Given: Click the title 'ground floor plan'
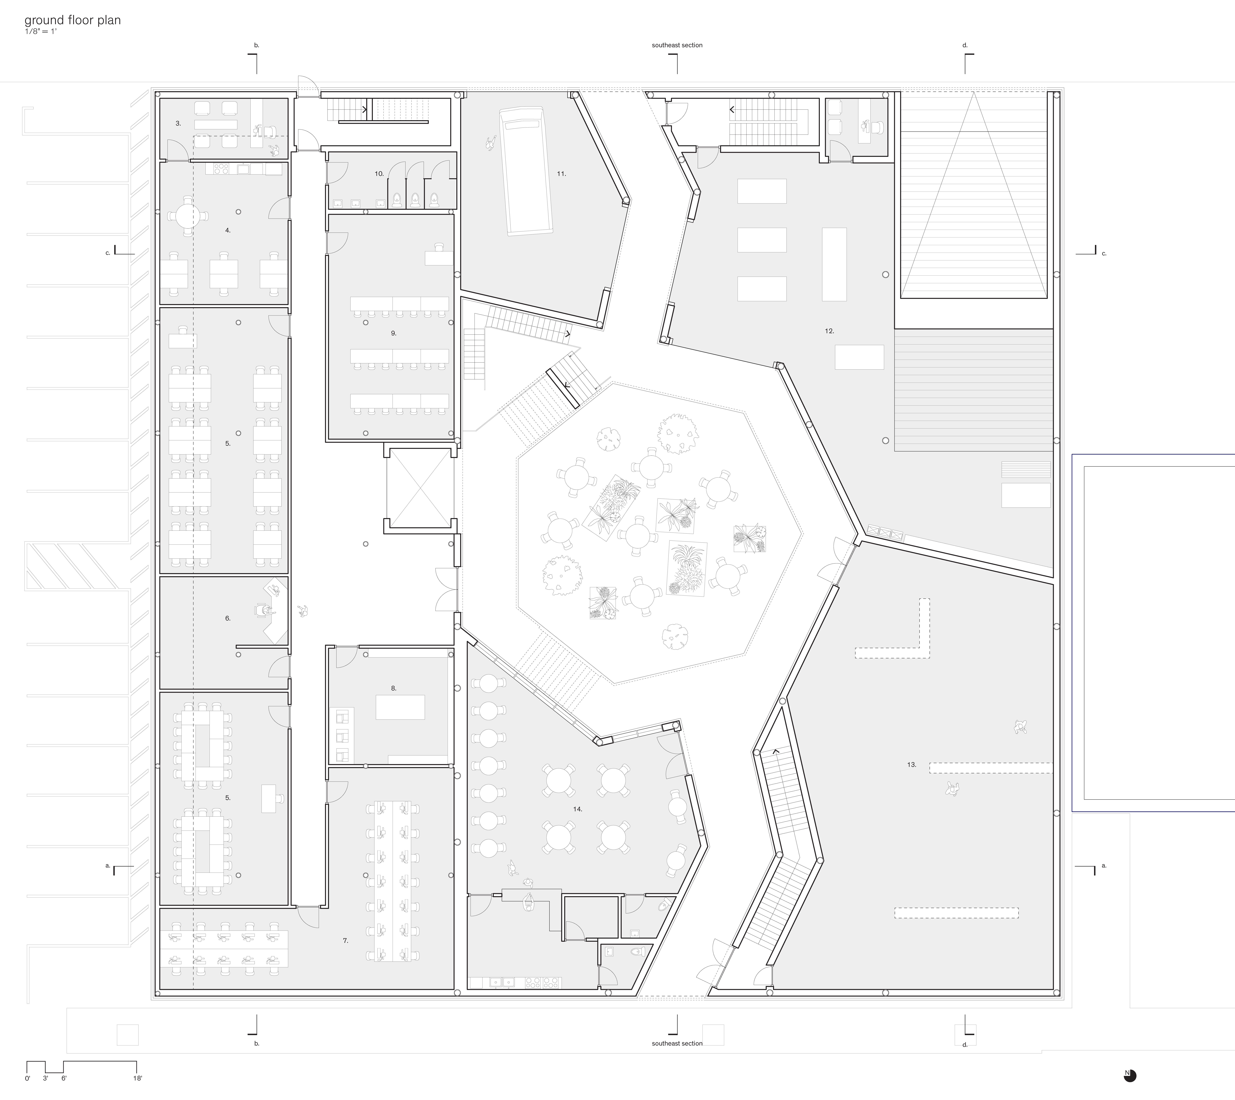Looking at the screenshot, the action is coord(73,20).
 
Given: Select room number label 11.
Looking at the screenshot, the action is coord(561,173).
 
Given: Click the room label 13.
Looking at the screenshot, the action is coord(911,764).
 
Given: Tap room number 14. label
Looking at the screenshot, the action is coord(578,809).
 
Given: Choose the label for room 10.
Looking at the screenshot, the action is coord(379,173).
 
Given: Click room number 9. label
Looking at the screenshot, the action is coord(394,333).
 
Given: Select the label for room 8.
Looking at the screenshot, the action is coord(394,688).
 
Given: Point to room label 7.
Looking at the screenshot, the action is coord(345,940).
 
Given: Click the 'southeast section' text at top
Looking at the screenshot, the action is coord(677,45).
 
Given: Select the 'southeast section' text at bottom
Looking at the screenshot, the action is coord(677,1043).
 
